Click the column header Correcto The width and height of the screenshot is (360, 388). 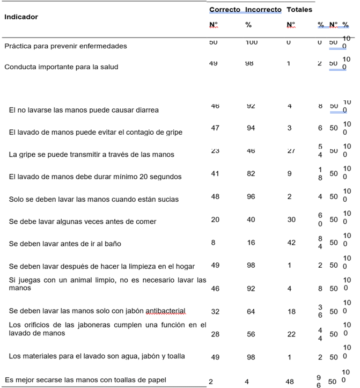(224, 10)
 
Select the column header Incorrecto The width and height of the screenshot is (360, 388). (263, 10)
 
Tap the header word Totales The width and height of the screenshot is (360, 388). (300, 10)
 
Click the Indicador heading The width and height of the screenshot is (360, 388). (21, 17)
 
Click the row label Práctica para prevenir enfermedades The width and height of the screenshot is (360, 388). (65, 46)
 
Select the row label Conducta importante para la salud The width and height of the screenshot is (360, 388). (61, 67)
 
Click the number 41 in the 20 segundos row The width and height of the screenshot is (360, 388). (215, 174)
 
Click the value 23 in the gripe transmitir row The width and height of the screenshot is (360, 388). (215, 151)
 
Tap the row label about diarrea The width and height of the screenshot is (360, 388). (84, 110)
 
